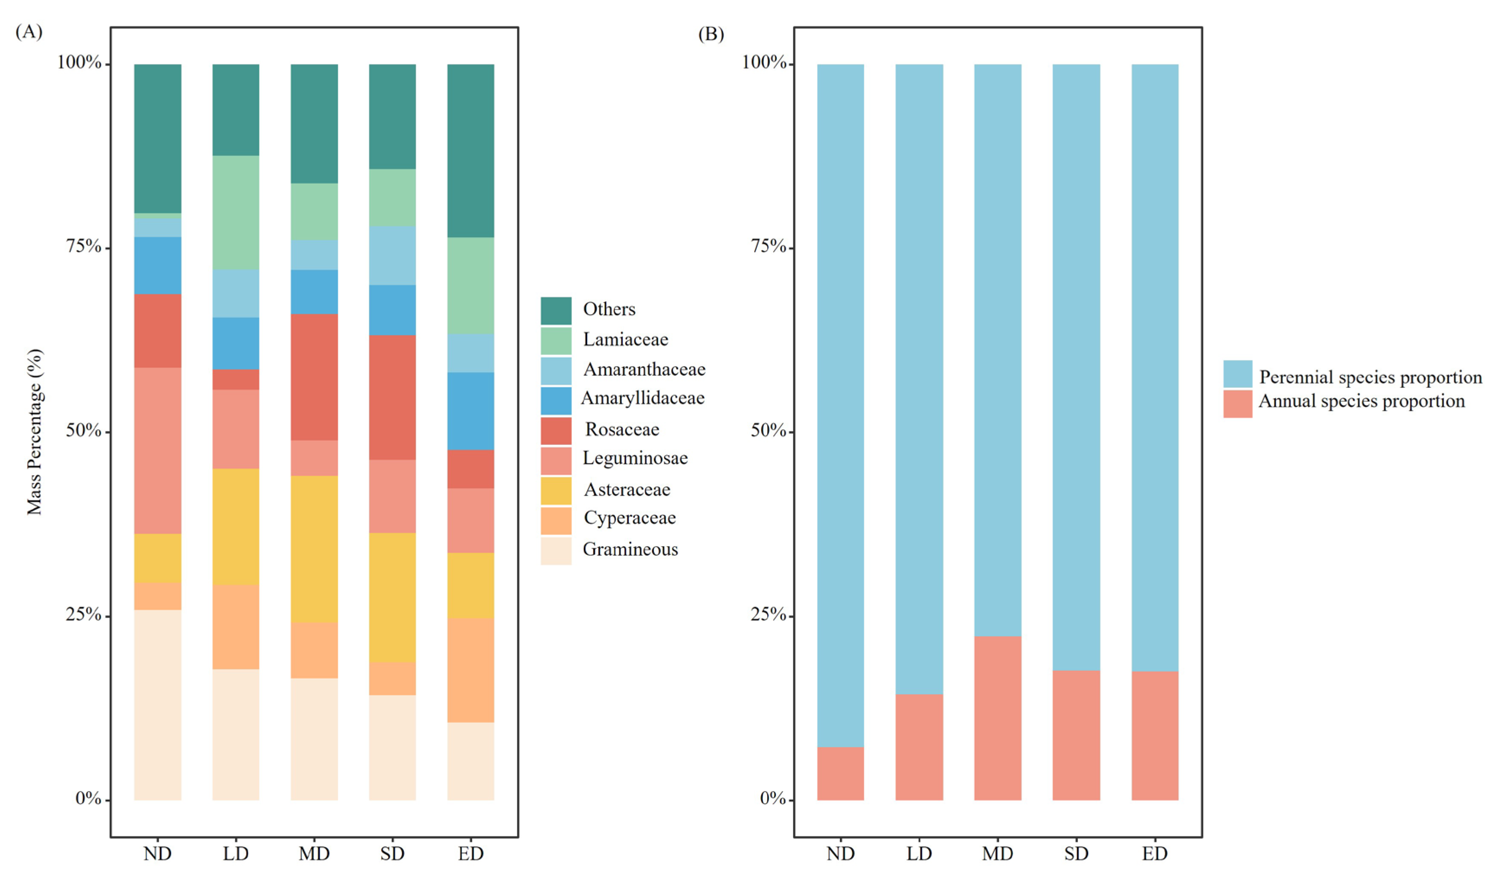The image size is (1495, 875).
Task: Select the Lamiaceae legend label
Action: tap(625, 339)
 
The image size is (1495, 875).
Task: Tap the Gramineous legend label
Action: tap(630, 549)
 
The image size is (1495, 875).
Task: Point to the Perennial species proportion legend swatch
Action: tap(1237, 374)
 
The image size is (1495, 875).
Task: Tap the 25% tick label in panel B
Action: tap(768, 614)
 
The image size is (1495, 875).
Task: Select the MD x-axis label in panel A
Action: tap(314, 854)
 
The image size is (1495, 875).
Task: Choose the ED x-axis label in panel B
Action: tap(1154, 854)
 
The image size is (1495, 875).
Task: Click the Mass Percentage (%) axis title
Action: tap(35, 431)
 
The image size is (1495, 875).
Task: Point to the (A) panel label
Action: tap(29, 32)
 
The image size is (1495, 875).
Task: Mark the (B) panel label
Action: tap(711, 34)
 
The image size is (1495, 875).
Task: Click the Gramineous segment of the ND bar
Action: tap(157, 705)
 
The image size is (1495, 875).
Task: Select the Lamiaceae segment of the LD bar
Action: tap(235, 212)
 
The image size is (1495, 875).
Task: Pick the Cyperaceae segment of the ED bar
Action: tap(470, 670)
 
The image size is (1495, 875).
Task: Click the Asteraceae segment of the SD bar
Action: tap(392, 597)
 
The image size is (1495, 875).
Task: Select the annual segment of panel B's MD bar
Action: tap(997, 718)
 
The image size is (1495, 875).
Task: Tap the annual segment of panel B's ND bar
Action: tap(840, 774)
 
